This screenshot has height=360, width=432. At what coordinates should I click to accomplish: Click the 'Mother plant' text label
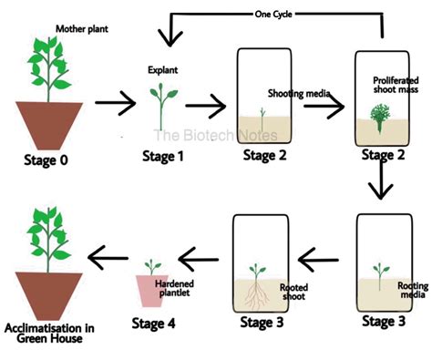pos(83,29)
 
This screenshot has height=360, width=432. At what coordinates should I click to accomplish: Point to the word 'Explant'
pos(164,69)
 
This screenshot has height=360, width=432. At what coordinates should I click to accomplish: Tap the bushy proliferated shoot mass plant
pos(380,119)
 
